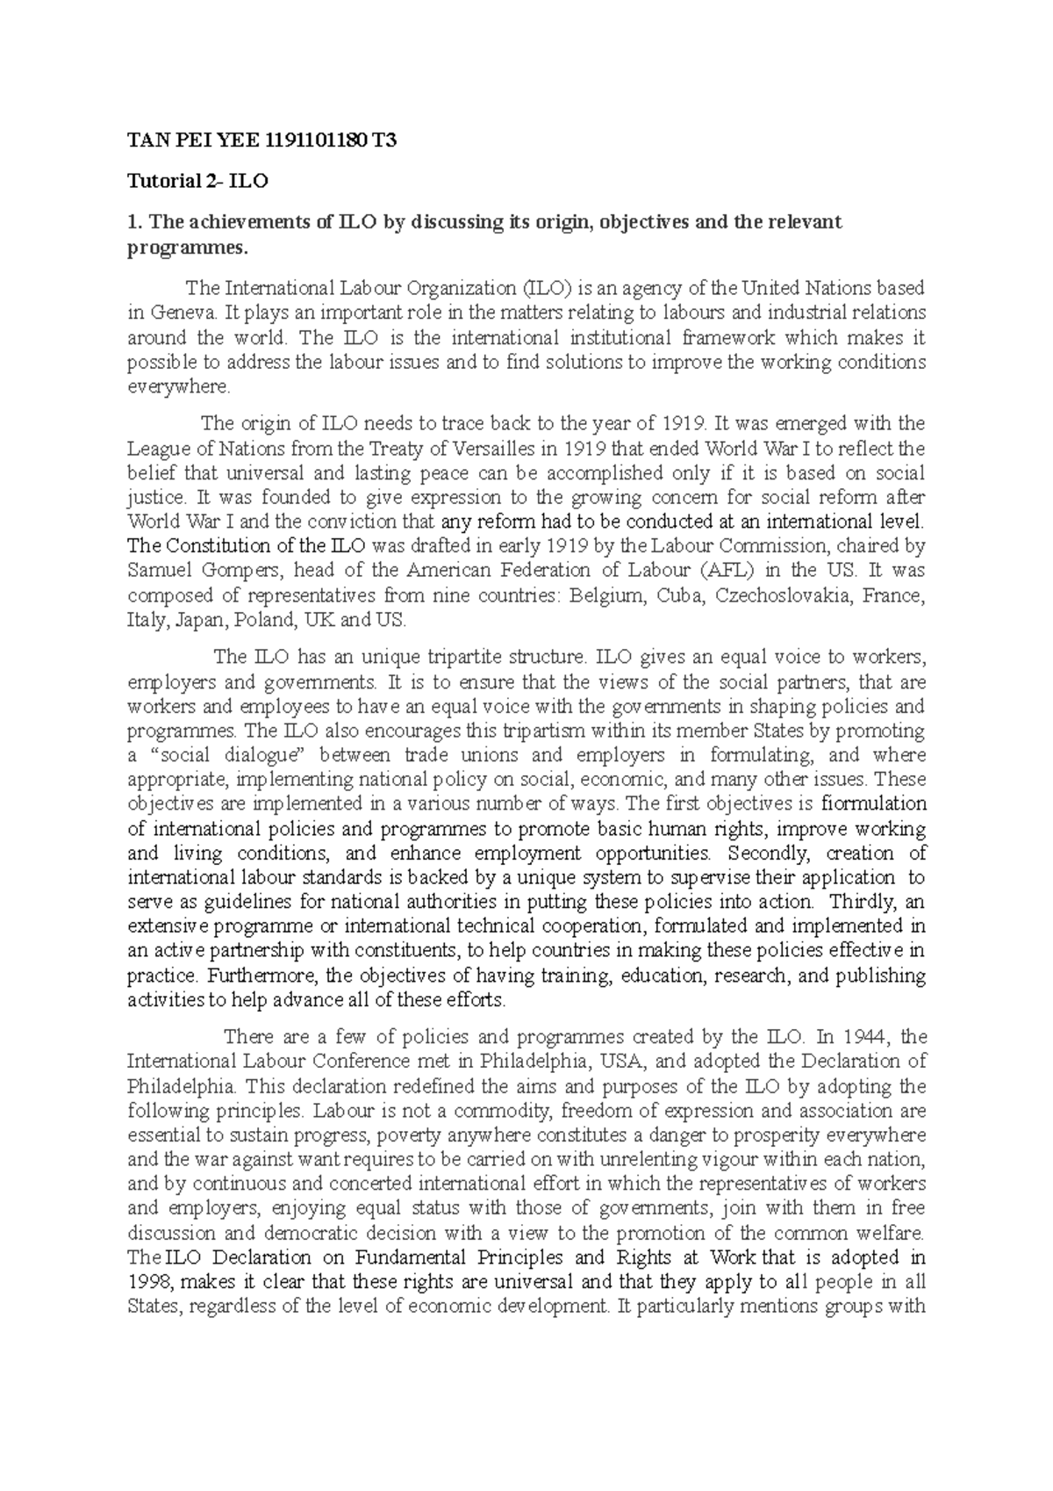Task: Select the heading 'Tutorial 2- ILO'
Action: click(x=198, y=182)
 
